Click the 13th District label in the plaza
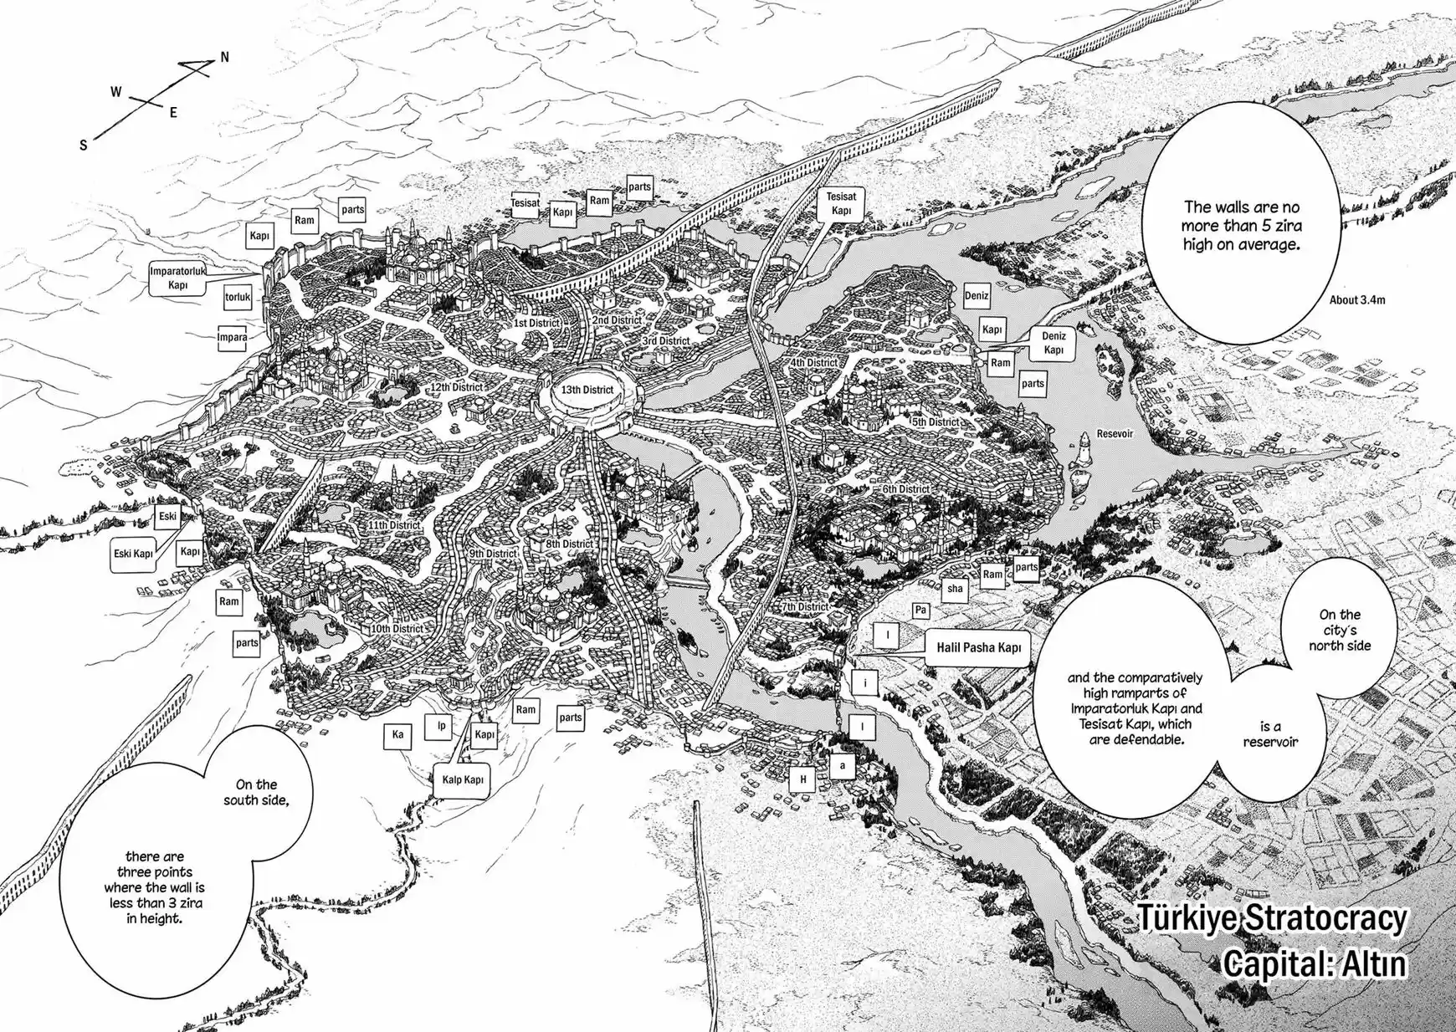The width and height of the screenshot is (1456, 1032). tap(587, 390)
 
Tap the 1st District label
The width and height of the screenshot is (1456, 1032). tap(536, 323)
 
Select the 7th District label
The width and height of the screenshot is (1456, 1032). tap(805, 607)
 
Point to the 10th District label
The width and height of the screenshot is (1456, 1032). tap(397, 628)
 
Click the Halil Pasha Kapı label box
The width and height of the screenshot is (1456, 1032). tap(978, 647)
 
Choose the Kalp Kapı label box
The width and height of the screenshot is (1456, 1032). tap(463, 780)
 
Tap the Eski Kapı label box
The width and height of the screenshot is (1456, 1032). tap(133, 554)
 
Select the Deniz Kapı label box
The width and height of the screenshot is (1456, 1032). tap(1054, 343)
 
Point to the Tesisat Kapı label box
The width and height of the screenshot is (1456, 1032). tap(841, 203)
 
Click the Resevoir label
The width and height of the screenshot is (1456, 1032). tap(1115, 434)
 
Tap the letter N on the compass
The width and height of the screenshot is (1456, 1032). tap(224, 58)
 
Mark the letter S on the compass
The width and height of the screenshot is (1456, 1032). tap(83, 146)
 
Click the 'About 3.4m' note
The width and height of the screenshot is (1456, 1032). tap(1356, 299)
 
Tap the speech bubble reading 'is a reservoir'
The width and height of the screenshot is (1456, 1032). tap(1270, 734)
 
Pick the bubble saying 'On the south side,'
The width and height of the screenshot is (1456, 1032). tap(256, 792)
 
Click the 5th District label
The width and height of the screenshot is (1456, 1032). tap(935, 422)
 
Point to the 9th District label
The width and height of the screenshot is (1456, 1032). tap(492, 554)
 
